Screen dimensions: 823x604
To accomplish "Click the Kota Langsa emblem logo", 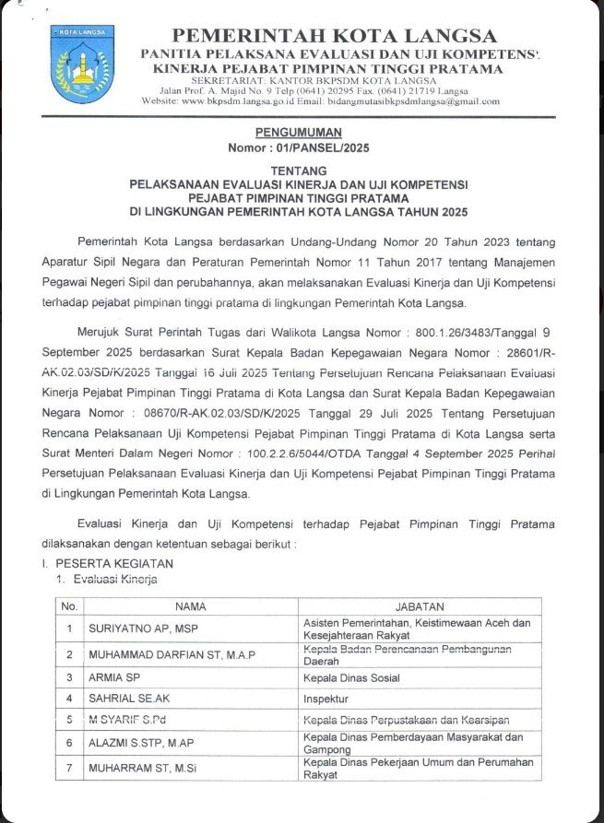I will point(83,65).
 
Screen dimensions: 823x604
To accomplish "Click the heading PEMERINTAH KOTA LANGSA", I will point(334,36).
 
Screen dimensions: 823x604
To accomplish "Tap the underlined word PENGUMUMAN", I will point(302,133).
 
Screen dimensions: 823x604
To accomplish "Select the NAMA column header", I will point(190,606).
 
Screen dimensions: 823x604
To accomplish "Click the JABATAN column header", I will point(420,606).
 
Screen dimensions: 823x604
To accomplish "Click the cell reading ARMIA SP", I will point(111,677).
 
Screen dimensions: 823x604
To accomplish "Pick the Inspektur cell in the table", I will point(327,699).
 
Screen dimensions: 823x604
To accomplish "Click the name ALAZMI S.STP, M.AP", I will point(140,743).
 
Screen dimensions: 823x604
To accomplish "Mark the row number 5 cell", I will point(68,719).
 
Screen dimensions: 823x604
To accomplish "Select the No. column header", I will point(68,606).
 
